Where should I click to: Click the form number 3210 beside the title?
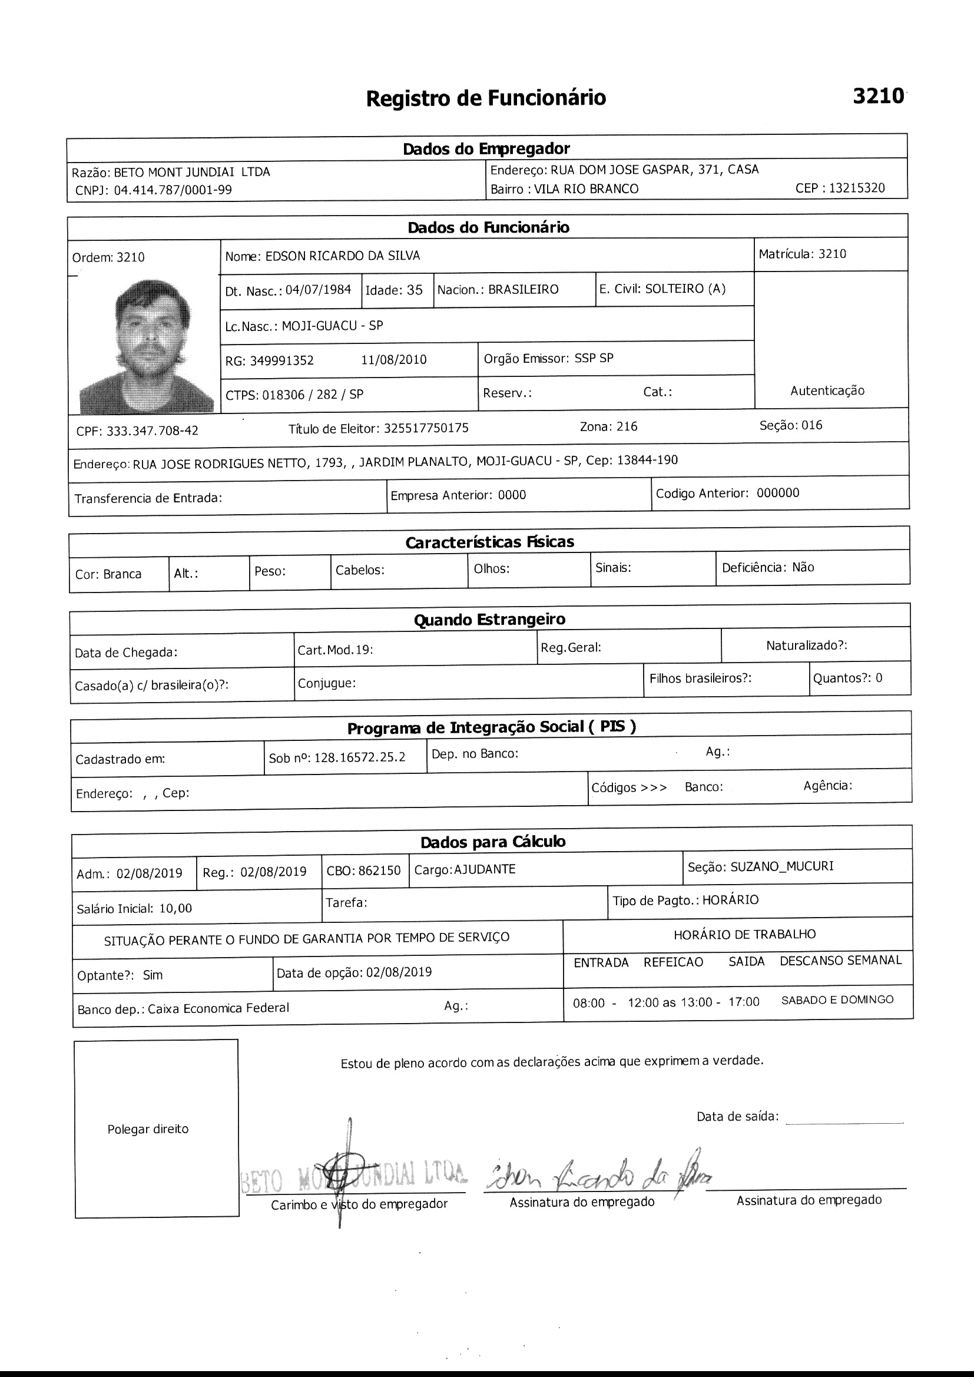click(878, 96)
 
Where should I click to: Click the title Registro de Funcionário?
click(486, 98)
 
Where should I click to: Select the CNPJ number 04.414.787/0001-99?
click(173, 191)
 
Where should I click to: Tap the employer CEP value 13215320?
click(856, 188)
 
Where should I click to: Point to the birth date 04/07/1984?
click(318, 290)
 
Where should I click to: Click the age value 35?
click(415, 290)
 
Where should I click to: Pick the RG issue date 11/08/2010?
click(393, 360)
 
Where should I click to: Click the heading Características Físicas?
click(489, 542)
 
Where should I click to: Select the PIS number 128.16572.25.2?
click(359, 757)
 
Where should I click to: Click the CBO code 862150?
click(379, 871)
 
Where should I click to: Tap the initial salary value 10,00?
click(175, 909)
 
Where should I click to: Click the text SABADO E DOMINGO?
click(837, 999)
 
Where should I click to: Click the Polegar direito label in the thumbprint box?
click(148, 1129)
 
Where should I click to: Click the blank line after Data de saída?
click(844, 1118)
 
